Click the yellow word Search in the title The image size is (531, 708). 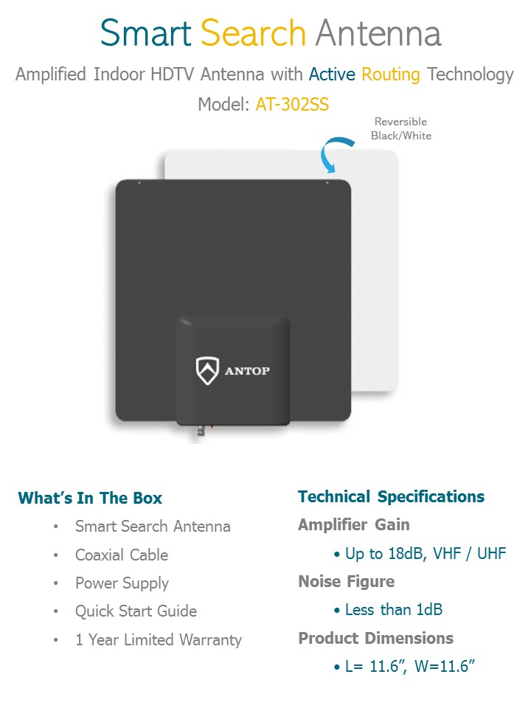click(253, 33)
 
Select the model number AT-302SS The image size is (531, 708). click(292, 105)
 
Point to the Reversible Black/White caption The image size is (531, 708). click(402, 128)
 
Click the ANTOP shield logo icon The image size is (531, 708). click(207, 369)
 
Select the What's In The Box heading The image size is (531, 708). click(90, 498)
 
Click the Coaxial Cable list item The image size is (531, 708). click(122, 555)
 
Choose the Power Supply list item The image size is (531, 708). click(122, 583)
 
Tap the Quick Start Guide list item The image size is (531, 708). click(136, 611)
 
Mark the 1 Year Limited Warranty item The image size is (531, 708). click(158, 639)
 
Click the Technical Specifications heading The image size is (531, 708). click(391, 496)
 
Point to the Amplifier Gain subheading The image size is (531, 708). click(353, 524)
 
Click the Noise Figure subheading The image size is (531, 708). click(346, 581)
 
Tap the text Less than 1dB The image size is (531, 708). click(394, 610)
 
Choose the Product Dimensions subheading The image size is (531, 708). click(375, 638)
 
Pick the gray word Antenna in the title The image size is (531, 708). click(378, 33)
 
